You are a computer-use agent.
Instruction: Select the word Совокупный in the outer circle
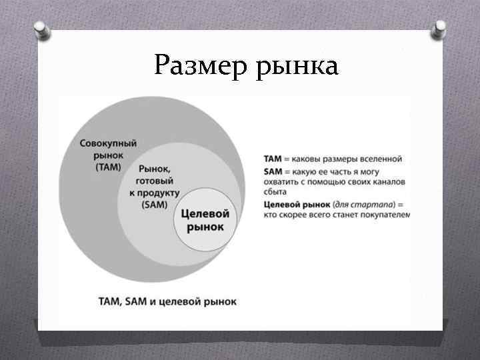(109, 143)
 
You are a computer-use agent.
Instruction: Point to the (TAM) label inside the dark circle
(109, 167)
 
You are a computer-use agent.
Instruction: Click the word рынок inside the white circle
(205, 227)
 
